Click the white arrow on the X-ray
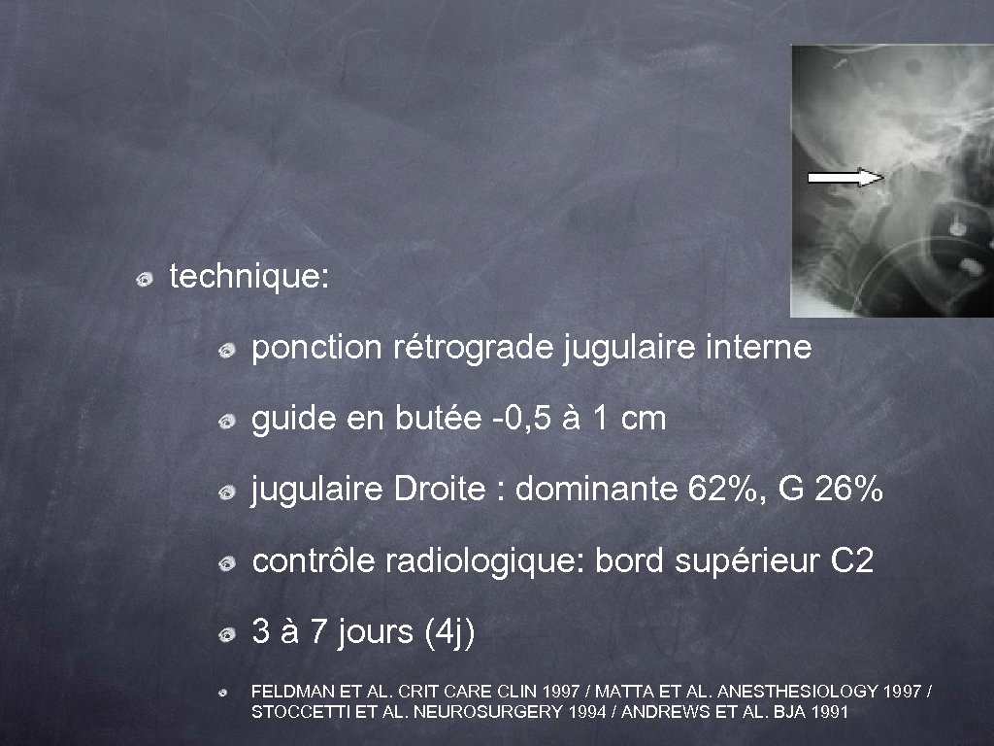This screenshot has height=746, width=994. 845,177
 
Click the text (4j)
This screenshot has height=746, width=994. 450,633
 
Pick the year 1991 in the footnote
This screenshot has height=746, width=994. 831,712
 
